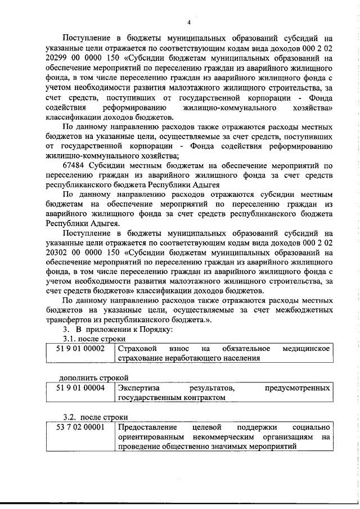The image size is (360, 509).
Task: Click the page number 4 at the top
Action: click(x=189, y=22)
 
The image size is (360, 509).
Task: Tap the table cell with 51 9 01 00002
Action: click(x=81, y=349)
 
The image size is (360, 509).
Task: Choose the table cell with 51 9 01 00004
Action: click(x=81, y=388)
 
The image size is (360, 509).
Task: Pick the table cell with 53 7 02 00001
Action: click(x=81, y=427)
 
